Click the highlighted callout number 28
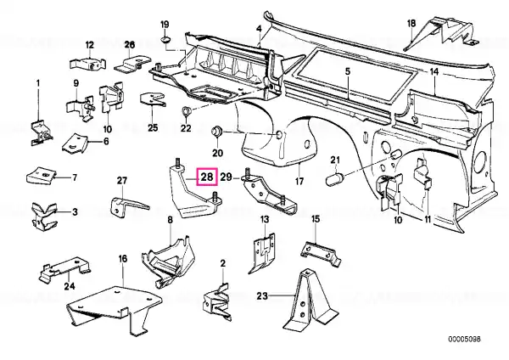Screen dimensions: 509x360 click(x=207, y=177)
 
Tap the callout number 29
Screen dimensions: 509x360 click(x=227, y=177)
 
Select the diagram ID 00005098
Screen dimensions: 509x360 click(x=465, y=340)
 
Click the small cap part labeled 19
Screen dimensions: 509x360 click(x=166, y=40)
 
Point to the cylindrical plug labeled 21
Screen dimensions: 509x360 click(x=335, y=178)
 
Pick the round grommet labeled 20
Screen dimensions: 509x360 click(x=217, y=131)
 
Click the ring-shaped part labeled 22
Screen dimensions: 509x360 click(x=187, y=110)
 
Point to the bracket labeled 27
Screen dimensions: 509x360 click(x=126, y=205)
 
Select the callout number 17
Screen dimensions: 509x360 click(x=299, y=181)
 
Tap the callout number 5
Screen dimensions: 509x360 click(x=347, y=71)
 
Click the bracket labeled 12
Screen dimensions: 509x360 click(x=87, y=64)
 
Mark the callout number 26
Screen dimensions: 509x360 click(x=130, y=44)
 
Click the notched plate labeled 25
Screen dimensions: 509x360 click(x=152, y=99)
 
